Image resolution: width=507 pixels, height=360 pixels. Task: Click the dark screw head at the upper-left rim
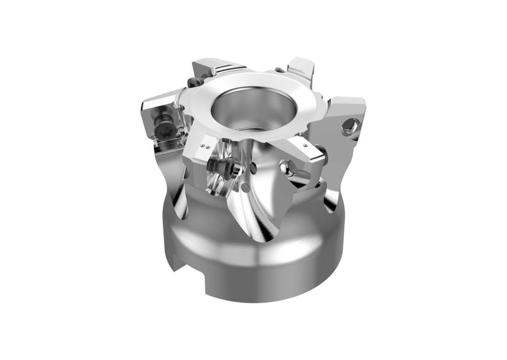coord(193,82)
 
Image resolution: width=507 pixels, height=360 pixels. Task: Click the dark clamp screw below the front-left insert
coord(218,167)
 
